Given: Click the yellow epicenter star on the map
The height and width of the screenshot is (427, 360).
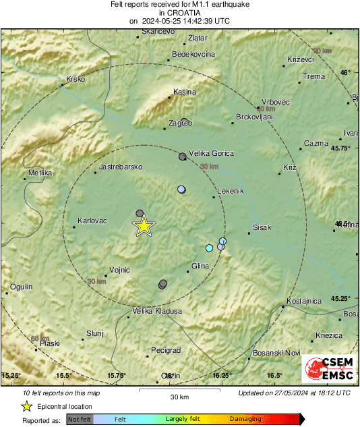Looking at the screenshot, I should click(144, 227).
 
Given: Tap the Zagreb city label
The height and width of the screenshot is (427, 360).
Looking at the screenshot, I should click(180, 123).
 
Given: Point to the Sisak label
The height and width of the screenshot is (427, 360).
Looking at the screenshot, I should click(261, 227).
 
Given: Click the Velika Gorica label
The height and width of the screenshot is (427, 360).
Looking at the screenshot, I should click(211, 153).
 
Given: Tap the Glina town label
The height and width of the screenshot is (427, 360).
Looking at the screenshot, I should click(201, 266).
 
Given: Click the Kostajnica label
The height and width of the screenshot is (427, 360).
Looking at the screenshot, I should click(307, 300).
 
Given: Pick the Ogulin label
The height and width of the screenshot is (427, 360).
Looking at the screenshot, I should click(21, 287).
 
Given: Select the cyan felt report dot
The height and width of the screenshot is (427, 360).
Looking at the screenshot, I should click(209, 248).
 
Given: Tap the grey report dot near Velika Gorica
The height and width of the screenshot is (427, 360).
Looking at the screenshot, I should click(182, 156).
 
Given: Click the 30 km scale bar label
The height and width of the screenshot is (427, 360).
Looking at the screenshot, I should click(179, 396).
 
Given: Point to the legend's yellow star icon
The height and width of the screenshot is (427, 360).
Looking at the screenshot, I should click(26, 406).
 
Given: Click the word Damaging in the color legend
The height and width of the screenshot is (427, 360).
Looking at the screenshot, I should click(245, 419).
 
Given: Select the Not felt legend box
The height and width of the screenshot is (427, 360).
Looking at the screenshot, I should click(80, 419).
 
